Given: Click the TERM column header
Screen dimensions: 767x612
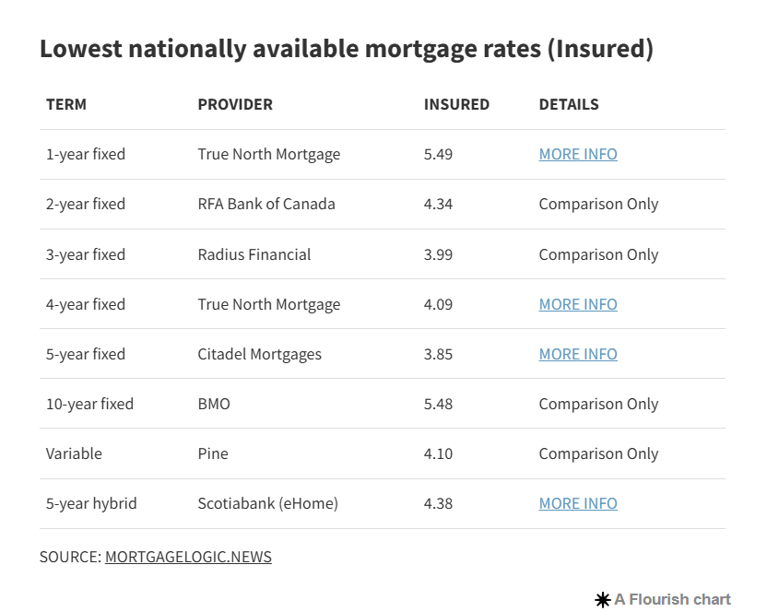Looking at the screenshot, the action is pos(66,104).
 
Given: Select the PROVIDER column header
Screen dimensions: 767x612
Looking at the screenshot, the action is pos(235,104).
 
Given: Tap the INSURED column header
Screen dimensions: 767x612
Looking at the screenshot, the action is pos(456,104).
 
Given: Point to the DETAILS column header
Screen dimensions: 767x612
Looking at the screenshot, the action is pos(569,104).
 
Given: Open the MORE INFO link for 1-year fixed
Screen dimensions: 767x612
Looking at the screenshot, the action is pos(578,154).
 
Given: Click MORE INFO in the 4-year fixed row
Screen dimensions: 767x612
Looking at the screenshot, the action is pos(578,304).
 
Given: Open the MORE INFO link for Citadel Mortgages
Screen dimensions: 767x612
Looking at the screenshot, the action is pos(578,354).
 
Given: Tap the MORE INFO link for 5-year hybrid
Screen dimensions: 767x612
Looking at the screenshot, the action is pos(578,503).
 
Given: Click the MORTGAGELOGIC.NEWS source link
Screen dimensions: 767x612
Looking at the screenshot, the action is pos(188,557).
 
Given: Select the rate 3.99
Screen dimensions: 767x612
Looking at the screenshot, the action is pos(438,254).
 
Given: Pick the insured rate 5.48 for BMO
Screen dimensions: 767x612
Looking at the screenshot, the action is pos(438,404).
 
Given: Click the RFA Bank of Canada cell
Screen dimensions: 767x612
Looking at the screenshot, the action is pos(266,204).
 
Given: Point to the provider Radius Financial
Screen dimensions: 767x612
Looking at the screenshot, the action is pos(254,254).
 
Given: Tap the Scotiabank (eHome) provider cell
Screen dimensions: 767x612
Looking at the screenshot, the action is pos(268,503).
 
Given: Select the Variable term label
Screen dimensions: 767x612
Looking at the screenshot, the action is pos(74,453).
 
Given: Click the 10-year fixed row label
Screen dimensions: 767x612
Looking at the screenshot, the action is pos(89,404).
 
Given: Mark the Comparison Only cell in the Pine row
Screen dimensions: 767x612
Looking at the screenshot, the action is pos(598,454).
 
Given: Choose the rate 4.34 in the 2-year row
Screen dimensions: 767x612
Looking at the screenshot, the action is pos(438,204).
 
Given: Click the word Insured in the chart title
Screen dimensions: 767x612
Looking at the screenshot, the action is pos(600,49).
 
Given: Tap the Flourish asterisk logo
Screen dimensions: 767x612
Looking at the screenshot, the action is pos(603,600).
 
